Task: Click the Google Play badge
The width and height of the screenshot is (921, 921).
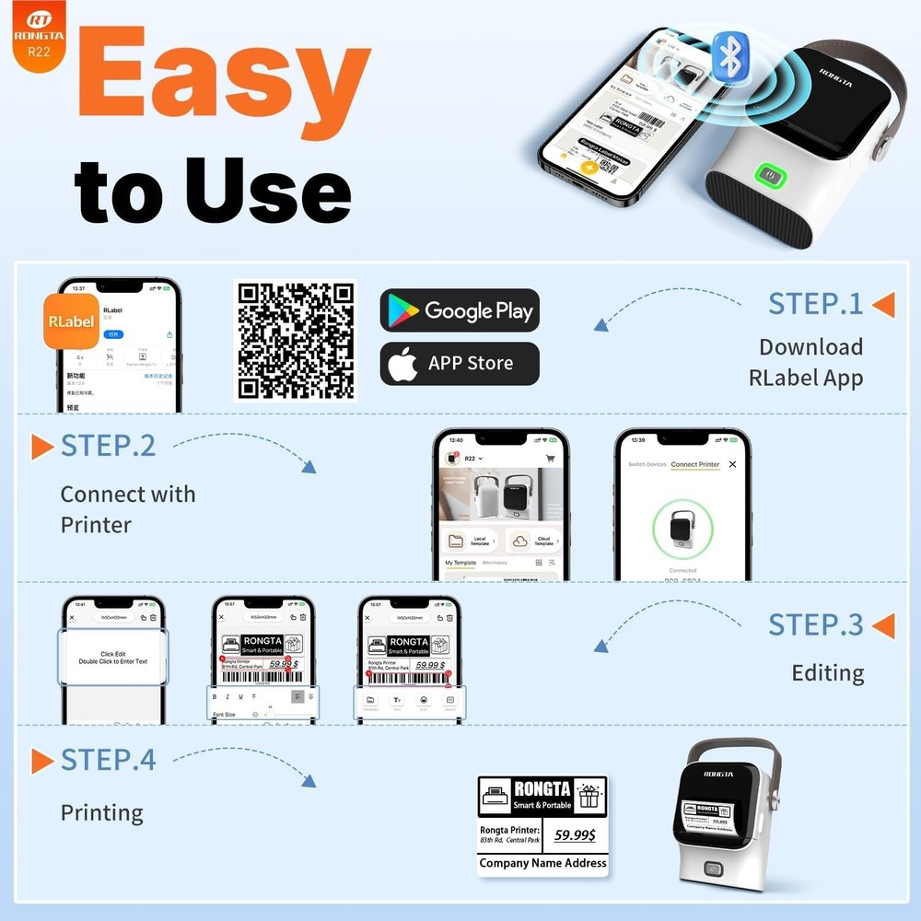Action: [460, 310]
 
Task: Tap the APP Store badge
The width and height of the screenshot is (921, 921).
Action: [460, 363]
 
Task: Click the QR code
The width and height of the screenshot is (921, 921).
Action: [297, 341]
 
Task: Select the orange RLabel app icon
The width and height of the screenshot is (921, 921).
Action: [70, 321]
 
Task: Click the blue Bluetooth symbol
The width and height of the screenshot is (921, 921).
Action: [730, 55]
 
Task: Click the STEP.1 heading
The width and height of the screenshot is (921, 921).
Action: [815, 304]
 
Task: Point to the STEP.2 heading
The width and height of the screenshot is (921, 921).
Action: [108, 446]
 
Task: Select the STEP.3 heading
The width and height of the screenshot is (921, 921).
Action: [815, 624]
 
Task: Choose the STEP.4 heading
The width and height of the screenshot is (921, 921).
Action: [108, 760]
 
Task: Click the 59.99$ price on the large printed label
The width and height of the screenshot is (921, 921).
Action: [574, 835]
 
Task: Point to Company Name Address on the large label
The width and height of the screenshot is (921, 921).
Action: [542, 863]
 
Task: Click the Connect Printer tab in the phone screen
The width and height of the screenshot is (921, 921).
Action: [695, 464]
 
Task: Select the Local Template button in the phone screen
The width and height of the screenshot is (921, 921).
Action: [470, 541]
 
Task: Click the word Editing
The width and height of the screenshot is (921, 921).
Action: [827, 673]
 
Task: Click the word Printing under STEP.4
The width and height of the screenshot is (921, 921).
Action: [101, 813]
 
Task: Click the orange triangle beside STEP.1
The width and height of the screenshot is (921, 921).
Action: [883, 305]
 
